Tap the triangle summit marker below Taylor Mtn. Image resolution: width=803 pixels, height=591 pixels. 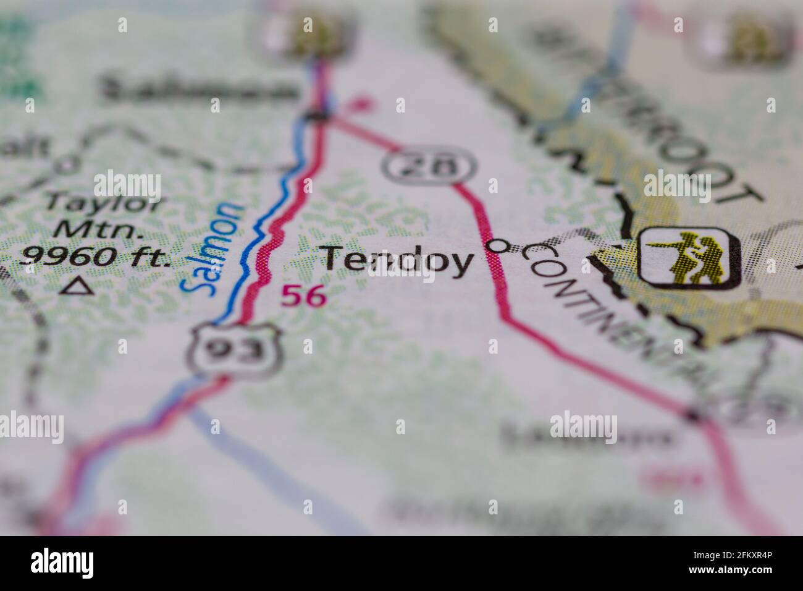click(x=77, y=285)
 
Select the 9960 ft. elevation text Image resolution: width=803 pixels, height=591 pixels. click(x=94, y=255)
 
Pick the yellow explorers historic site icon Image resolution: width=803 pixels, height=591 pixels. click(x=689, y=257)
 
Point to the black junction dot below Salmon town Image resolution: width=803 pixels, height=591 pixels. click(x=317, y=116)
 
